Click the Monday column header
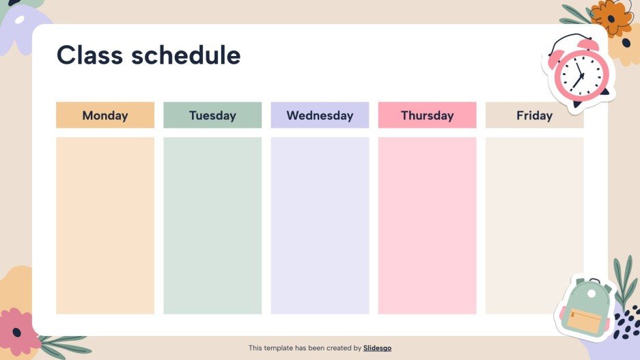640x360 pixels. pos(105,115)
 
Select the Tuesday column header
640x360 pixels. pos(212,115)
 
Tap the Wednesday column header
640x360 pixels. pos(320,115)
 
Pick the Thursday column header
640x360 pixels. pos(427,115)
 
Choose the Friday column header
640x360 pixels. pos(534,115)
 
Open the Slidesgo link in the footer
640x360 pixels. pos(377,348)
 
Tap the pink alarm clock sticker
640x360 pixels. pos(578,72)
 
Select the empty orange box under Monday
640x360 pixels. pos(105,225)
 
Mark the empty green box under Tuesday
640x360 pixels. pos(212,225)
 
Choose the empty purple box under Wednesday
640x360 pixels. pos(320,225)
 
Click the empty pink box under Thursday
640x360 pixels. pos(427,225)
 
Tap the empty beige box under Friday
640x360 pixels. pos(534,225)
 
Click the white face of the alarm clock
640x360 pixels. pos(577,74)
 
